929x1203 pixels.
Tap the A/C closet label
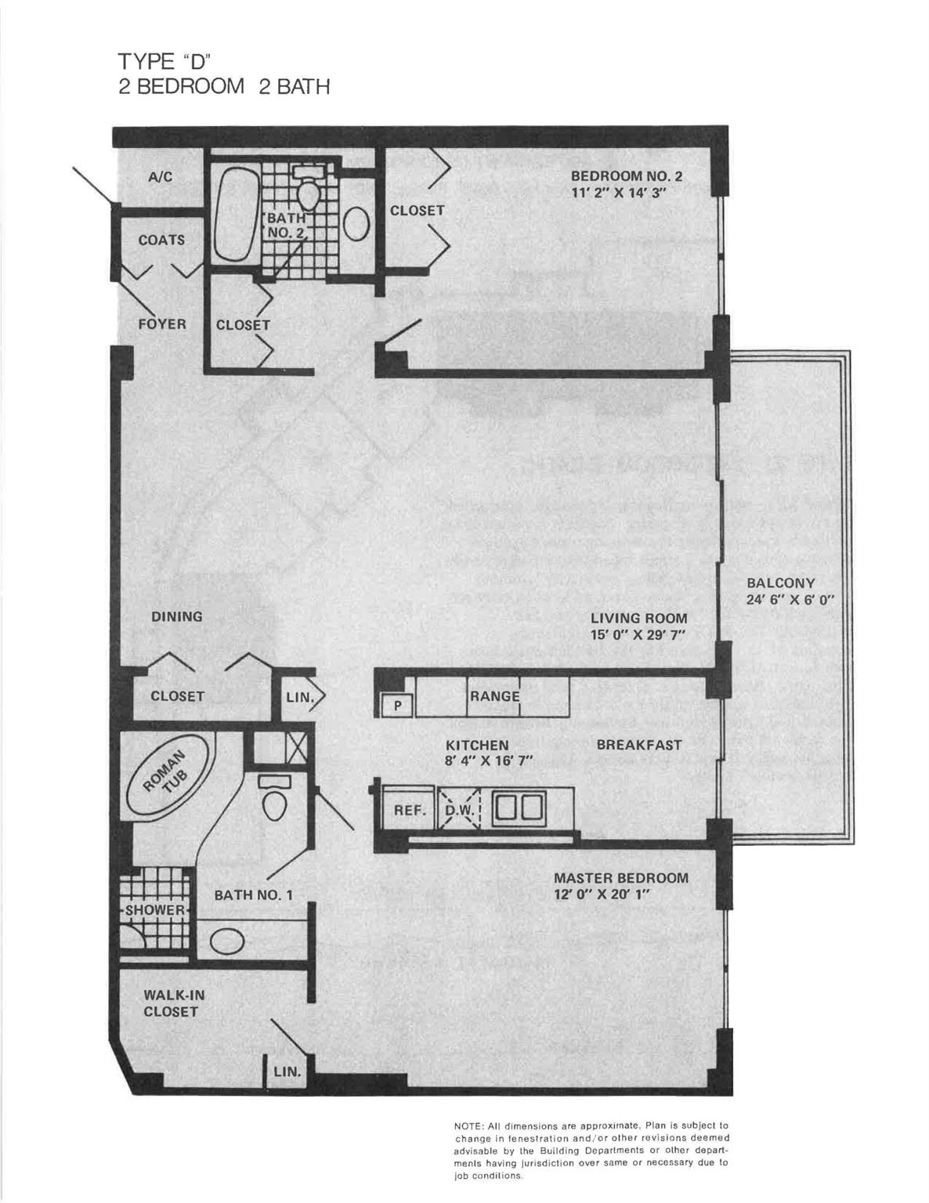pos(161,177)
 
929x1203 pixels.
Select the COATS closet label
pos(161,240)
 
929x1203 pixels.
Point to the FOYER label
pos(162,324)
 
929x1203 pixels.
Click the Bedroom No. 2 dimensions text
pos(618,193)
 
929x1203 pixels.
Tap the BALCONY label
pos(780,583)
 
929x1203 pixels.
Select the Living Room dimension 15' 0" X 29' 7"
pos(638,634)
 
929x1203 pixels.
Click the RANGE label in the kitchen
pos(494,696)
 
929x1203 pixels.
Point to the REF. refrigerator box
pos(408,811)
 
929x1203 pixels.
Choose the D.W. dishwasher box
pos(461,811)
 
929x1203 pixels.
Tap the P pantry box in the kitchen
pos(398,706)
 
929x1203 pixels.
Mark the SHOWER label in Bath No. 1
pos(156,910)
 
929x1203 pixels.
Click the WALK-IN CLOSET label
pos(171,1003)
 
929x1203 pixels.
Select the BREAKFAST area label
pos(638,745)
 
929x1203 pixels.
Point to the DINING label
pos(176,616)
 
